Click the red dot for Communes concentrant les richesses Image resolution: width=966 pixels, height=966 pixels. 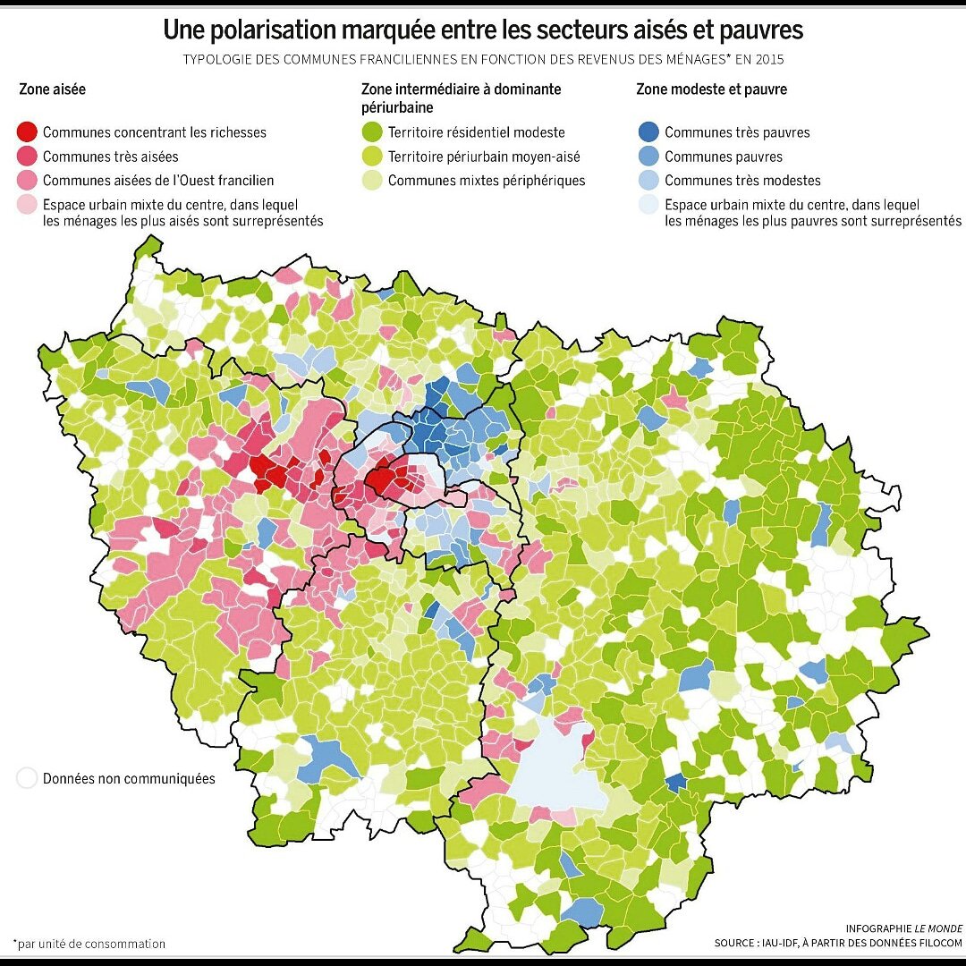tap(29, 132)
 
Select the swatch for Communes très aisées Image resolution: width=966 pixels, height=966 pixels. tap(29, 157)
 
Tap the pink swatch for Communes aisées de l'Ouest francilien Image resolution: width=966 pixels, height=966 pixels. tap(29, 181)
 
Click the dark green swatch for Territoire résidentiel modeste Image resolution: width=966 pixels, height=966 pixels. tap(373, 132)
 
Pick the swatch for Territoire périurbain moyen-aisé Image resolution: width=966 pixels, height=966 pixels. tap(373, 157)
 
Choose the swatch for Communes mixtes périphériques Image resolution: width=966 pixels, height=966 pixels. tap(373, 181)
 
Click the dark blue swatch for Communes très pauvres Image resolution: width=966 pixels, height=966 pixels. tap(649, 132)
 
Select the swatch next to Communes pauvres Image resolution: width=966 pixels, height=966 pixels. tap(649, 157)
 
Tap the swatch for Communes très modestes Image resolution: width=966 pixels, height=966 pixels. tap(649, 181)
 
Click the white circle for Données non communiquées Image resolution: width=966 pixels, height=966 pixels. tap(28, 778)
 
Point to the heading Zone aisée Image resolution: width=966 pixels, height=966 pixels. tap(53, 90)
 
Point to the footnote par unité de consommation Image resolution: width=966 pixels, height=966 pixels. tap(89, 943)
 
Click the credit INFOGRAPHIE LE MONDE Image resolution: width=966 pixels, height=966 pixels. tap(903, 928)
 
